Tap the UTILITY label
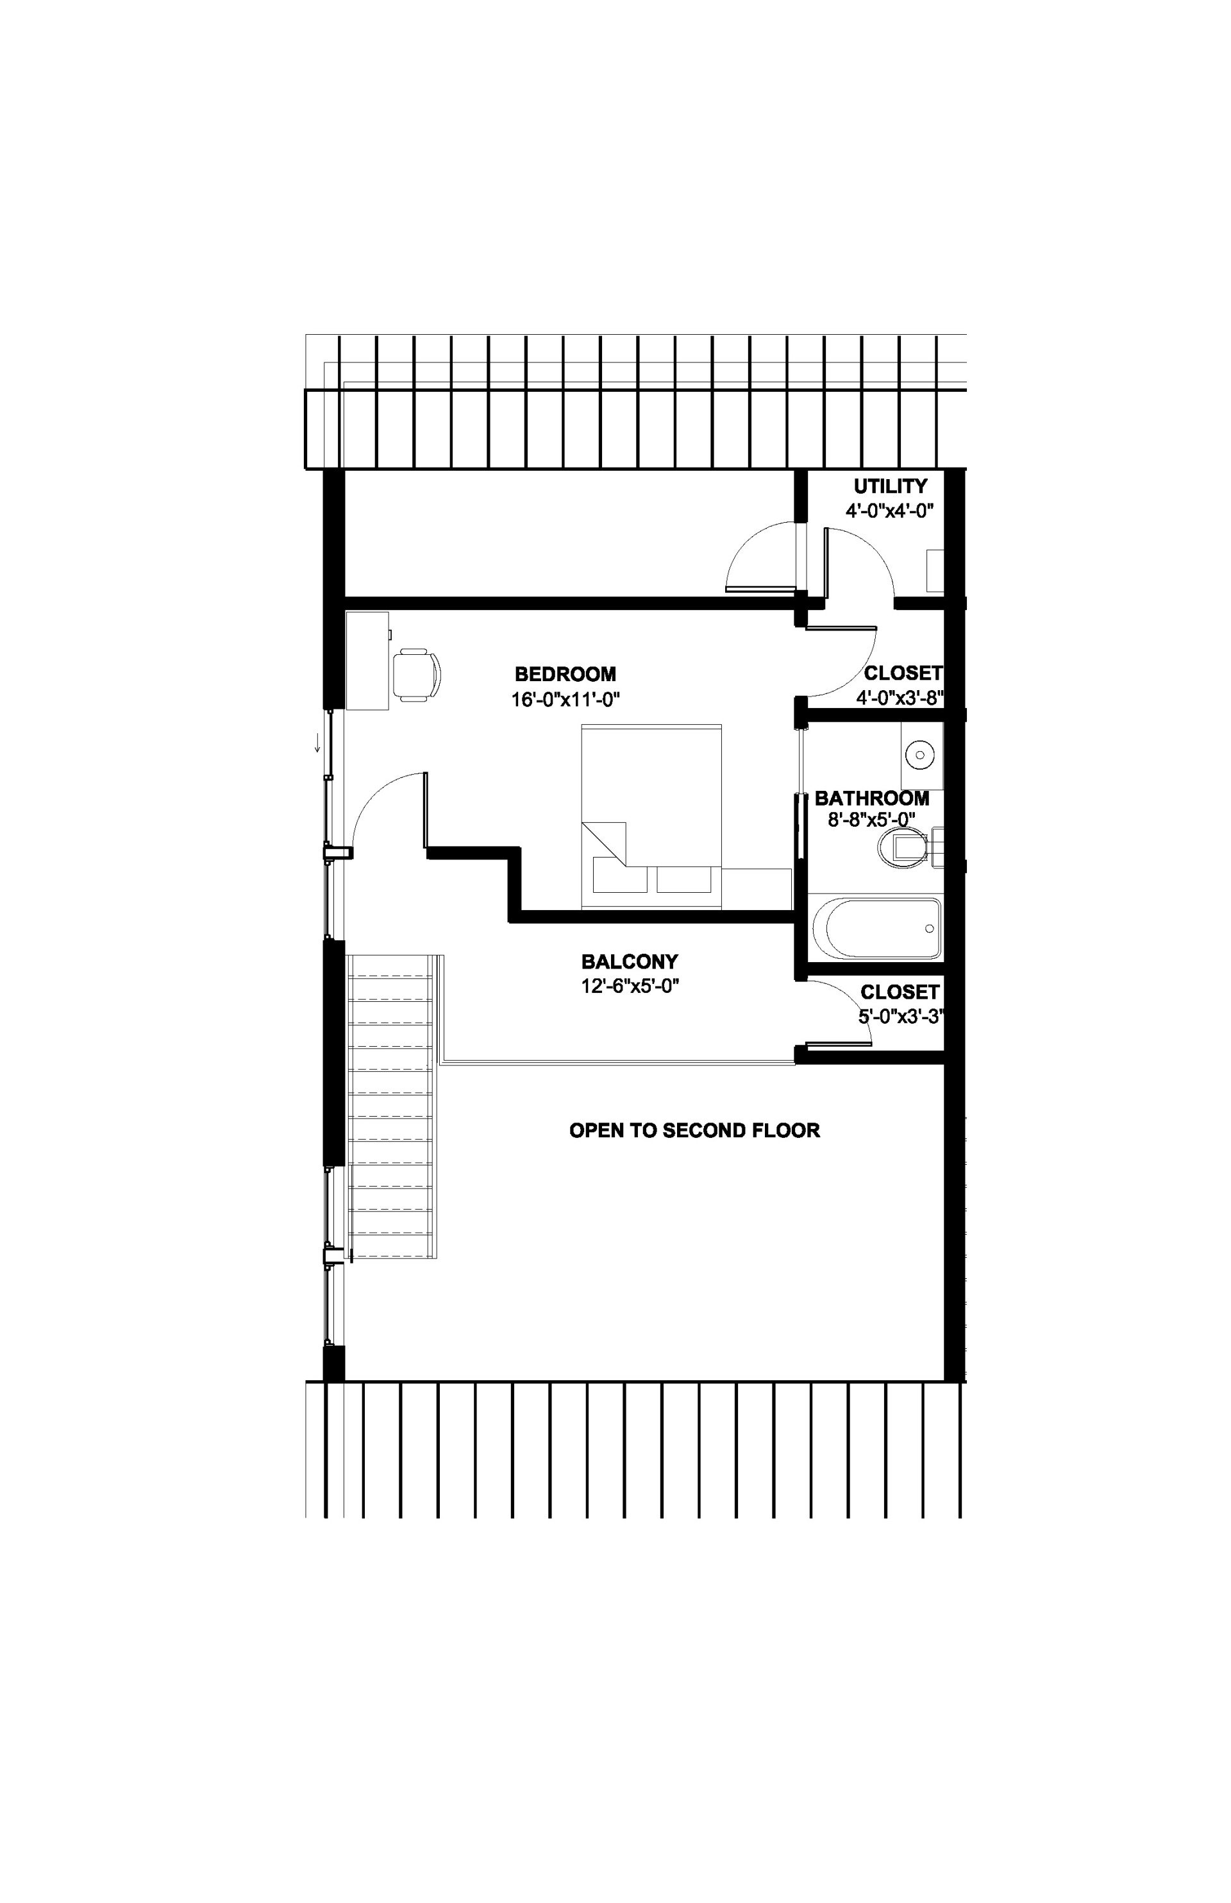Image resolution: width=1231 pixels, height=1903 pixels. (891, 486)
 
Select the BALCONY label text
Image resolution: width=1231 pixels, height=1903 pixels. (630, 961)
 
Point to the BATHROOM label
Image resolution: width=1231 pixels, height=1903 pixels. (872, 798)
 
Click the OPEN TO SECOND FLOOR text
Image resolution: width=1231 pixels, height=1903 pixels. (694, 1130)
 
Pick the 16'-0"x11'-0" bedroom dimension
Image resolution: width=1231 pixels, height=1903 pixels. (566, 700)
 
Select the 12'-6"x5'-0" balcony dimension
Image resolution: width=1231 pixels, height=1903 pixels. (630, 986)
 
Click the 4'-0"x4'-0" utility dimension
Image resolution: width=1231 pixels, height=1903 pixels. (891, 511)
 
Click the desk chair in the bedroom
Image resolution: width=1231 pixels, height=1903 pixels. (417, 675)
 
